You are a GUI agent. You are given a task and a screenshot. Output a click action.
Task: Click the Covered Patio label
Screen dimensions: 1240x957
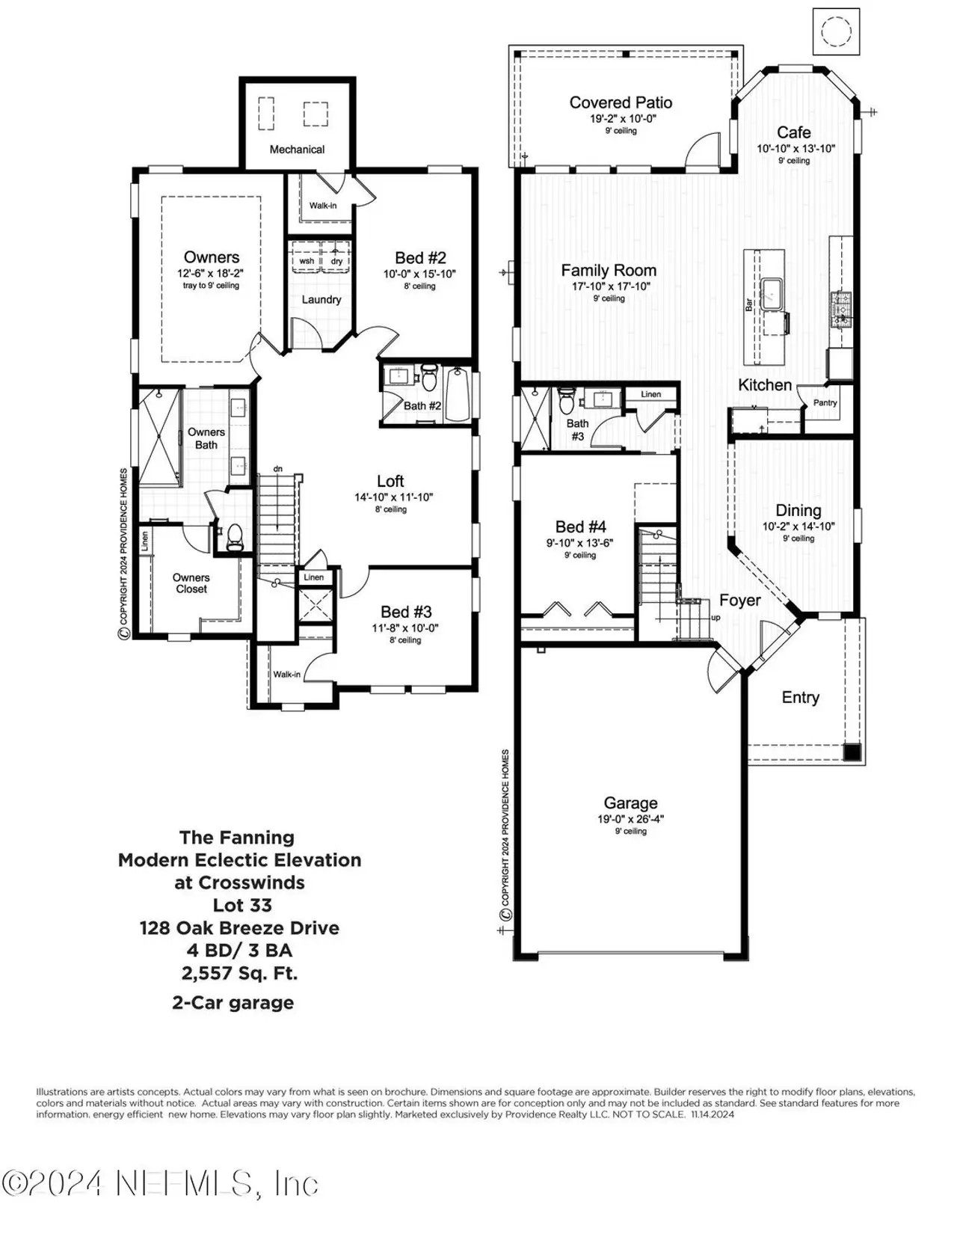621,102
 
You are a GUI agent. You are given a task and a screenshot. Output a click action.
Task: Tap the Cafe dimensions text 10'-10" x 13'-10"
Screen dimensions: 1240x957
796,149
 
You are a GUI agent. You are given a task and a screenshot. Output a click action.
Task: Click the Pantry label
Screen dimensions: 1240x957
825,402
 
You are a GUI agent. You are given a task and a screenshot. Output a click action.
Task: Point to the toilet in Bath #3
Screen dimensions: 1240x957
567,401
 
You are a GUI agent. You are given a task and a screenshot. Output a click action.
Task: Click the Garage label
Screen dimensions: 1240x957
630,803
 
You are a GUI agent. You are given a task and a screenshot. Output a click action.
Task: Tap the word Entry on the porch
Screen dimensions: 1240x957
800,697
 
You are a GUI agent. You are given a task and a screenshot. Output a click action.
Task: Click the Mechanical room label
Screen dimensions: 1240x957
297,150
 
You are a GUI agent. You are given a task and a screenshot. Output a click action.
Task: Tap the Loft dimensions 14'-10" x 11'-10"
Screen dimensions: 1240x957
393,497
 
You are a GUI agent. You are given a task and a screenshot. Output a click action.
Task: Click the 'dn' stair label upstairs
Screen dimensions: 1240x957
277,469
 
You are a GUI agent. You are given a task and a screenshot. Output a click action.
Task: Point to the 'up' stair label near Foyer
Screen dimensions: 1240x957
716,618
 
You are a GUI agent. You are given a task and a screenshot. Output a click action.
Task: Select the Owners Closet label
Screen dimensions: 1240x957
191,583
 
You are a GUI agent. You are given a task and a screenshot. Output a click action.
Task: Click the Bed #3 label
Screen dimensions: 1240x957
406,612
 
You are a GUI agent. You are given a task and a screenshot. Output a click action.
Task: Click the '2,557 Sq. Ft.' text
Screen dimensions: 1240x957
239,973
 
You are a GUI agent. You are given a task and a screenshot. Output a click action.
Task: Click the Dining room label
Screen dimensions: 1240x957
798,510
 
